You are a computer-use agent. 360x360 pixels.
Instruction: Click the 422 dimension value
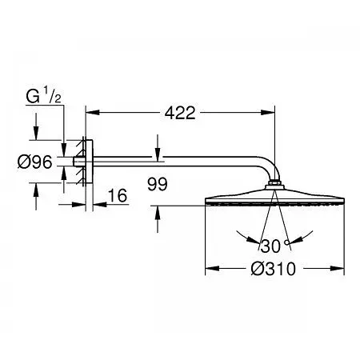pos(180,113)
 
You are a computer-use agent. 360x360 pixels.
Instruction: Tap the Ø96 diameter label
pos(34,162)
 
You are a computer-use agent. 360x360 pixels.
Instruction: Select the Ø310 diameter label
pos(274,269)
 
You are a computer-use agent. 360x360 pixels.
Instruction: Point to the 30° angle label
pos(274,246)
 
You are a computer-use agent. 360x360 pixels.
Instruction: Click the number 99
pos(158,184)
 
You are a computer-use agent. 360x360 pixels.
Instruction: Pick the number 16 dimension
pos(118,195)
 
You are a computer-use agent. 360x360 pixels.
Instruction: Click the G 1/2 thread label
pos(43,96)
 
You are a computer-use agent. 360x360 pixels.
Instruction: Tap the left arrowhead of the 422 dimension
pos(92,113)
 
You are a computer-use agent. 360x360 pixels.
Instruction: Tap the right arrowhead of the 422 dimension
pos(268,113)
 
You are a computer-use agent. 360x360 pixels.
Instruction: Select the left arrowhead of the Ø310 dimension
pos(212,268)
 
